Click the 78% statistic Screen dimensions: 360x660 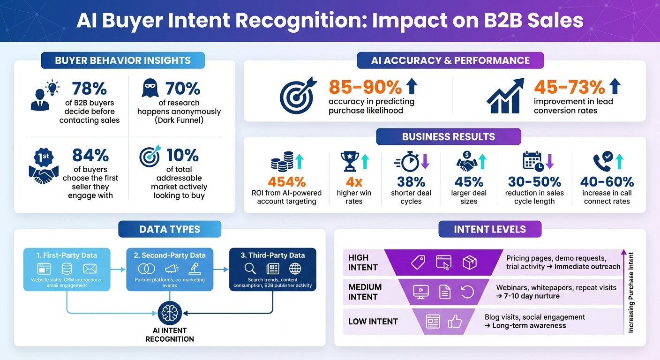(x=90, y=89)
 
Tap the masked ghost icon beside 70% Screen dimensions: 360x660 (x=150, y=88)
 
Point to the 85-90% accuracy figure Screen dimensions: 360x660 (x=366, y=87)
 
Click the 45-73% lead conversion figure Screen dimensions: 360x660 (x=570, y=87)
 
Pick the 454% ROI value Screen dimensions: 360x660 (x=287, y=181)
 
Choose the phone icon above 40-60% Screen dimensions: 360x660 (x=602, y=162)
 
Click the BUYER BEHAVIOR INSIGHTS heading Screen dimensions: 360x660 (x=123, y=60)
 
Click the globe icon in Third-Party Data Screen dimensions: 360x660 (x=295, y=268)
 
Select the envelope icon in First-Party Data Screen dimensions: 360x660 (x=89, y=269)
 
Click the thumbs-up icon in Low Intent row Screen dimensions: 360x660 (x=454, y=321)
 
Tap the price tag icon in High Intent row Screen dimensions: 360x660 (x=418, y=262)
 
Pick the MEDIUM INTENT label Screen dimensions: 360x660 (x=365, y=292)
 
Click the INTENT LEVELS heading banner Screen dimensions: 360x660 (x=490, y=229)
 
